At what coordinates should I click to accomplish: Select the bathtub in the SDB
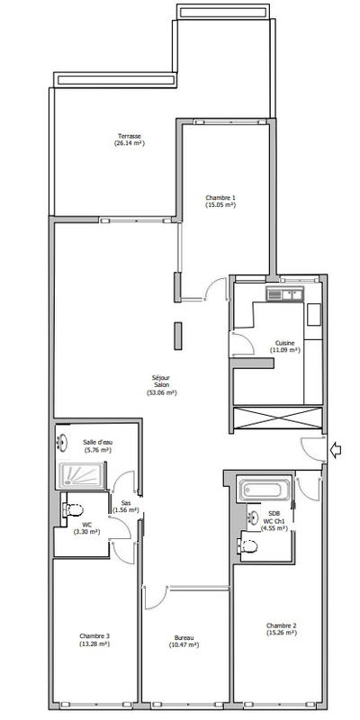[x=264, y=492]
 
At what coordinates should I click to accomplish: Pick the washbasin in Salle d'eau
[x=64, y=442]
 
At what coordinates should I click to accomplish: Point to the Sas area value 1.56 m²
[x=126, y=510]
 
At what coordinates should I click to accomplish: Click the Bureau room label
[x=184, y=641]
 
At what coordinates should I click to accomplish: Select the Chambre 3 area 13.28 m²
[x=94, y=644]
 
